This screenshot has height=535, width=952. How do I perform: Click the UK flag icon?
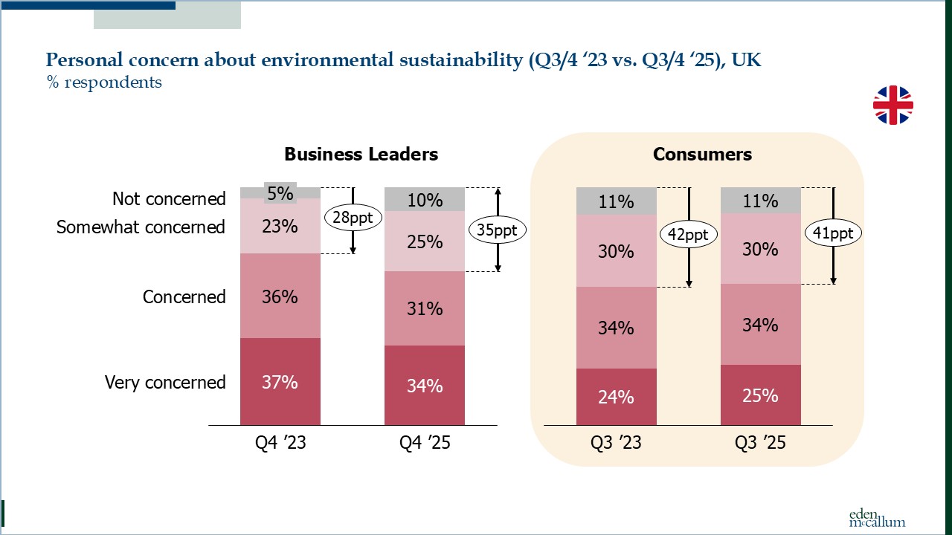point(892,105)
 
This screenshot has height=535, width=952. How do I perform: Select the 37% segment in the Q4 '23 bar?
point(280,382)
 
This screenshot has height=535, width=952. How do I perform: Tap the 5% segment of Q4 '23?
point(280,192)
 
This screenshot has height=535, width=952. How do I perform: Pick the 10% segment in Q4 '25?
point(425,199)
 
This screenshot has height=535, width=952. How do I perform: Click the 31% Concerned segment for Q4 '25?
point(425,308)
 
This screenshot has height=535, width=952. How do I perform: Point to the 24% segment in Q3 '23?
point(616,397)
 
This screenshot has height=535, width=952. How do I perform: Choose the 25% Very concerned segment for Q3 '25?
point(760,395)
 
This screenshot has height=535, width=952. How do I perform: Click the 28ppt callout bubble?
point(353,218)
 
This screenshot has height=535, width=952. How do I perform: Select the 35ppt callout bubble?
point(497,230)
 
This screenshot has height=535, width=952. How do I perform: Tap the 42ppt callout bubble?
point(689,235)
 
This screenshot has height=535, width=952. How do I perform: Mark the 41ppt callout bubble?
point(833,233)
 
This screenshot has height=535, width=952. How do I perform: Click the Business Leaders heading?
point(361,155)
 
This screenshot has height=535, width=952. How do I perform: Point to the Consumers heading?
point(702,155)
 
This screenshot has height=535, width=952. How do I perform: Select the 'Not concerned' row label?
point(169,199)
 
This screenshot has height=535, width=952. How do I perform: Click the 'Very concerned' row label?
point(165,383)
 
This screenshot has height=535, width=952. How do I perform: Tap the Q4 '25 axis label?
point(425,444)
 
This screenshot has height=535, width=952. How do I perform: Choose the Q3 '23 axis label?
point(616,444)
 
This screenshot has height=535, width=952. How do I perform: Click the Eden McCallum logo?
point(877,518)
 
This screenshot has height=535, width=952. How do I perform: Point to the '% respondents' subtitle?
point(104,82)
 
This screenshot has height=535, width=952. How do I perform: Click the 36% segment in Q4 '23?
point(280,296)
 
